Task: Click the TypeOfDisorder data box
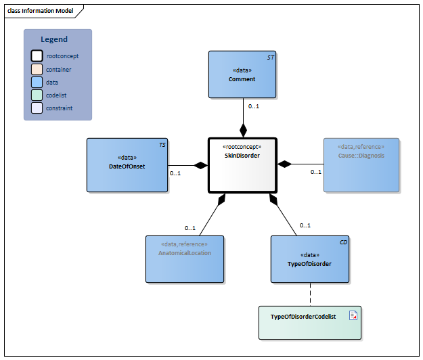pos(310,258)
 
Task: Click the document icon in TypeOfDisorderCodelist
pos(353,315)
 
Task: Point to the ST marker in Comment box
pos(271,58)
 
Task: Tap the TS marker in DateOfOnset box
pos(162,145)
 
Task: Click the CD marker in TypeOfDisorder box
pos(343,242)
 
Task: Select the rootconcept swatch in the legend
pos(37,56)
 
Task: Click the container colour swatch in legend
pos(37,69)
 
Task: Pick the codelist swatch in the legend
pos(37,95)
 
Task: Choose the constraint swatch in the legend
pos(37,108)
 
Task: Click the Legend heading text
pos(54,39)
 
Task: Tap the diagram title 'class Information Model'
pos(41,11)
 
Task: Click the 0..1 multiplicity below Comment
pos(254,106)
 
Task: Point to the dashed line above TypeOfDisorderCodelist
pos(310,294)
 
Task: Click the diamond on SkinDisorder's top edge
pos(242,130)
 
